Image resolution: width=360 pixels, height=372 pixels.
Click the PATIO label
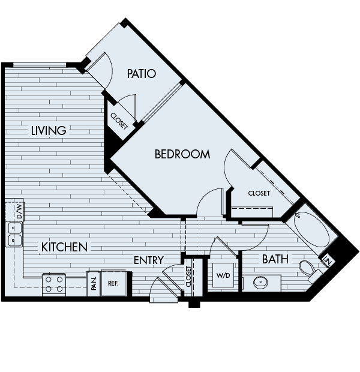tap(142, 74)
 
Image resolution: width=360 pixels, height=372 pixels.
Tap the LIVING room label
tap(48, 130)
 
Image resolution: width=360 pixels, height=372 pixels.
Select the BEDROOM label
tap(182, 154)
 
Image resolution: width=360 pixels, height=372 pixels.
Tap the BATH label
tap(275, 259)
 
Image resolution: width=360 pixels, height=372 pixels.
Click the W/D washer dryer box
tap(222, 275)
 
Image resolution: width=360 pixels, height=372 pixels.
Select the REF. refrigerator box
tap(112, 284)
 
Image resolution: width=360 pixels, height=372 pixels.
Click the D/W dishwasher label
tap(19, 211)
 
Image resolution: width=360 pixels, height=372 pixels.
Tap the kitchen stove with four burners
tap(54, 284)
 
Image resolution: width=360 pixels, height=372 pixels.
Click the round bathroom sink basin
tap(262, 282)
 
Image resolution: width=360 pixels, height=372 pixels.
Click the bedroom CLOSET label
tap(259, 193)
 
